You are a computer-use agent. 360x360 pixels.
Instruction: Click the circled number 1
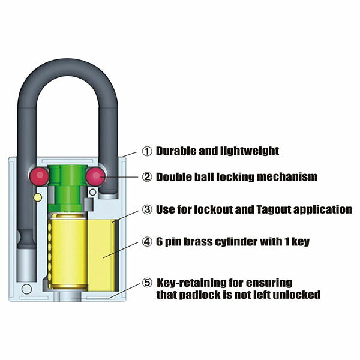[147, 151]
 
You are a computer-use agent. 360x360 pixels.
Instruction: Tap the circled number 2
[147, 177]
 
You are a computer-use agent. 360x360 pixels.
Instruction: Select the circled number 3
[147, 209]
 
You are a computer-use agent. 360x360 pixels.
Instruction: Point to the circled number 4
[147, 242]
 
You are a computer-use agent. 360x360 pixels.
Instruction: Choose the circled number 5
[147, 283]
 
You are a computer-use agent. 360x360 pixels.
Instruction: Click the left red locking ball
[39, 176]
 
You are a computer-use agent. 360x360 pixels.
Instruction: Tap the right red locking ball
[96, 176]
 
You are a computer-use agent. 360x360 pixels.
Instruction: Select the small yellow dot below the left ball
[38, 197]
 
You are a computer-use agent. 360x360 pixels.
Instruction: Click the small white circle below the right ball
[93, 192]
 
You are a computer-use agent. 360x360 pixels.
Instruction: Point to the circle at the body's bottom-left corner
[26, 289]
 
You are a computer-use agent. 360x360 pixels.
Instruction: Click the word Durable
[176, 151]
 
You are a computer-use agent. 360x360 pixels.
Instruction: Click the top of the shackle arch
[67, 67]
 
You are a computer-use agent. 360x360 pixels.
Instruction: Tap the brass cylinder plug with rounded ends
[68, 251]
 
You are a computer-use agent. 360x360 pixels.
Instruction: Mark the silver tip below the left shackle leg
[26, 265]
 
